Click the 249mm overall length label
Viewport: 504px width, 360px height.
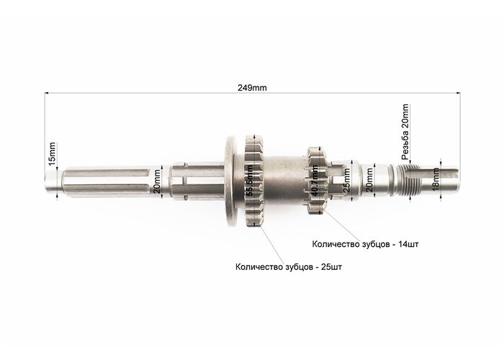(x=252, y=88)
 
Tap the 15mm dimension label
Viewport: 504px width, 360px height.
(x=52, y=154)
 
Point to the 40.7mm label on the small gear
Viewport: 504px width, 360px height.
(x=315, y=181)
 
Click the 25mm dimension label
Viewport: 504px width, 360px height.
(x=346, y=180)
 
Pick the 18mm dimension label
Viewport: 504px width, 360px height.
(x=436, y=180)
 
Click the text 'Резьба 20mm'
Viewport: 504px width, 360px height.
(x=405, y=132)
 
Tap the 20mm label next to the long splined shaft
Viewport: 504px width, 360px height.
(x=157, y=181)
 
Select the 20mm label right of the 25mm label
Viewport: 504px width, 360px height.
(x=369, y=180)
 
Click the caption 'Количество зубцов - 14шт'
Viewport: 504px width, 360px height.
(x=365, y=244)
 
